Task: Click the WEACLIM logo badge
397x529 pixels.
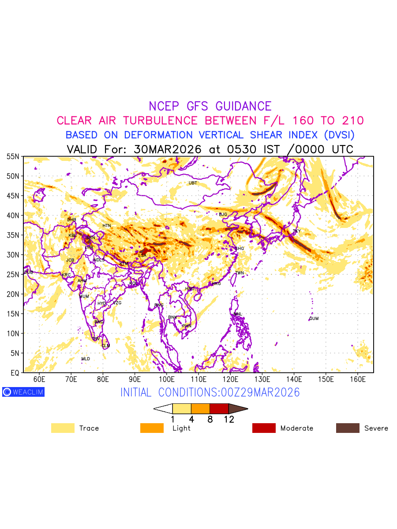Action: click(23, 392)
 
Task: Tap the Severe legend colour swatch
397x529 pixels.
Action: click(348, 428)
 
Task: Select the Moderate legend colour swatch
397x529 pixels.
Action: click(264, 428)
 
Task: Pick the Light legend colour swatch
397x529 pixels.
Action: click(152, 428)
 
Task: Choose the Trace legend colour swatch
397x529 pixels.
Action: click(63, 428)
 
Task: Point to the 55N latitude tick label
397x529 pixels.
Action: click(13, 156)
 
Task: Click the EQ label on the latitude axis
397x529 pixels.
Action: click(15, 373)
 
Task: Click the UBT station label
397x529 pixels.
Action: click(193, 183)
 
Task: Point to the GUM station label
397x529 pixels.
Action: click(314, 319)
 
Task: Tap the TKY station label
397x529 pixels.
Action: click(296, 231)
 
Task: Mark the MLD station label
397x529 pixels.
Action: click(86, 359)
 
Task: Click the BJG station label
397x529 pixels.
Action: click(223, 215)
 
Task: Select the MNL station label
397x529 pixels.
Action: click(238, 314)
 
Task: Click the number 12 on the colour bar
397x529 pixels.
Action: click(229, 420)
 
